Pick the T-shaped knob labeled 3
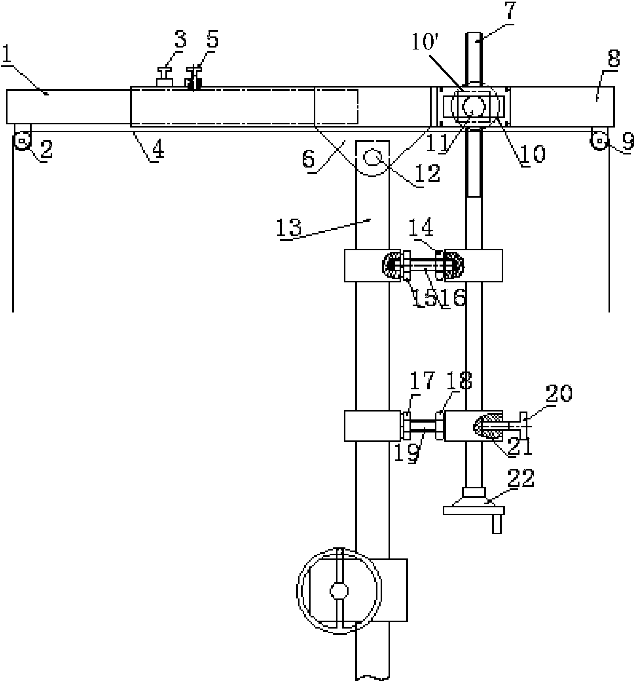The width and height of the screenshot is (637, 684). [x=165, y=77]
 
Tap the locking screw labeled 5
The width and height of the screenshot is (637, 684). [x=193, y=79]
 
